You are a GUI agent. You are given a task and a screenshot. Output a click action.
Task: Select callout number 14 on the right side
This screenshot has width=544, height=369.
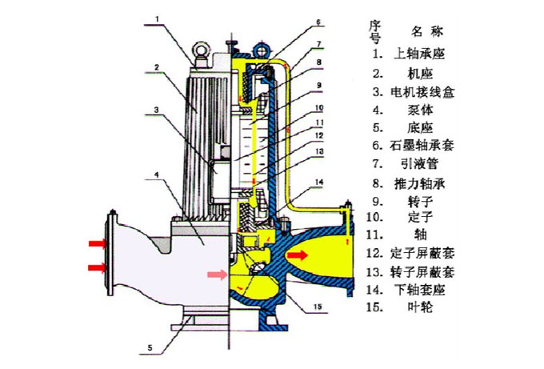tap(319, 183)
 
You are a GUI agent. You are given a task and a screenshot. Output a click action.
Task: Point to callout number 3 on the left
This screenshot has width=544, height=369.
tap(157, 110)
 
